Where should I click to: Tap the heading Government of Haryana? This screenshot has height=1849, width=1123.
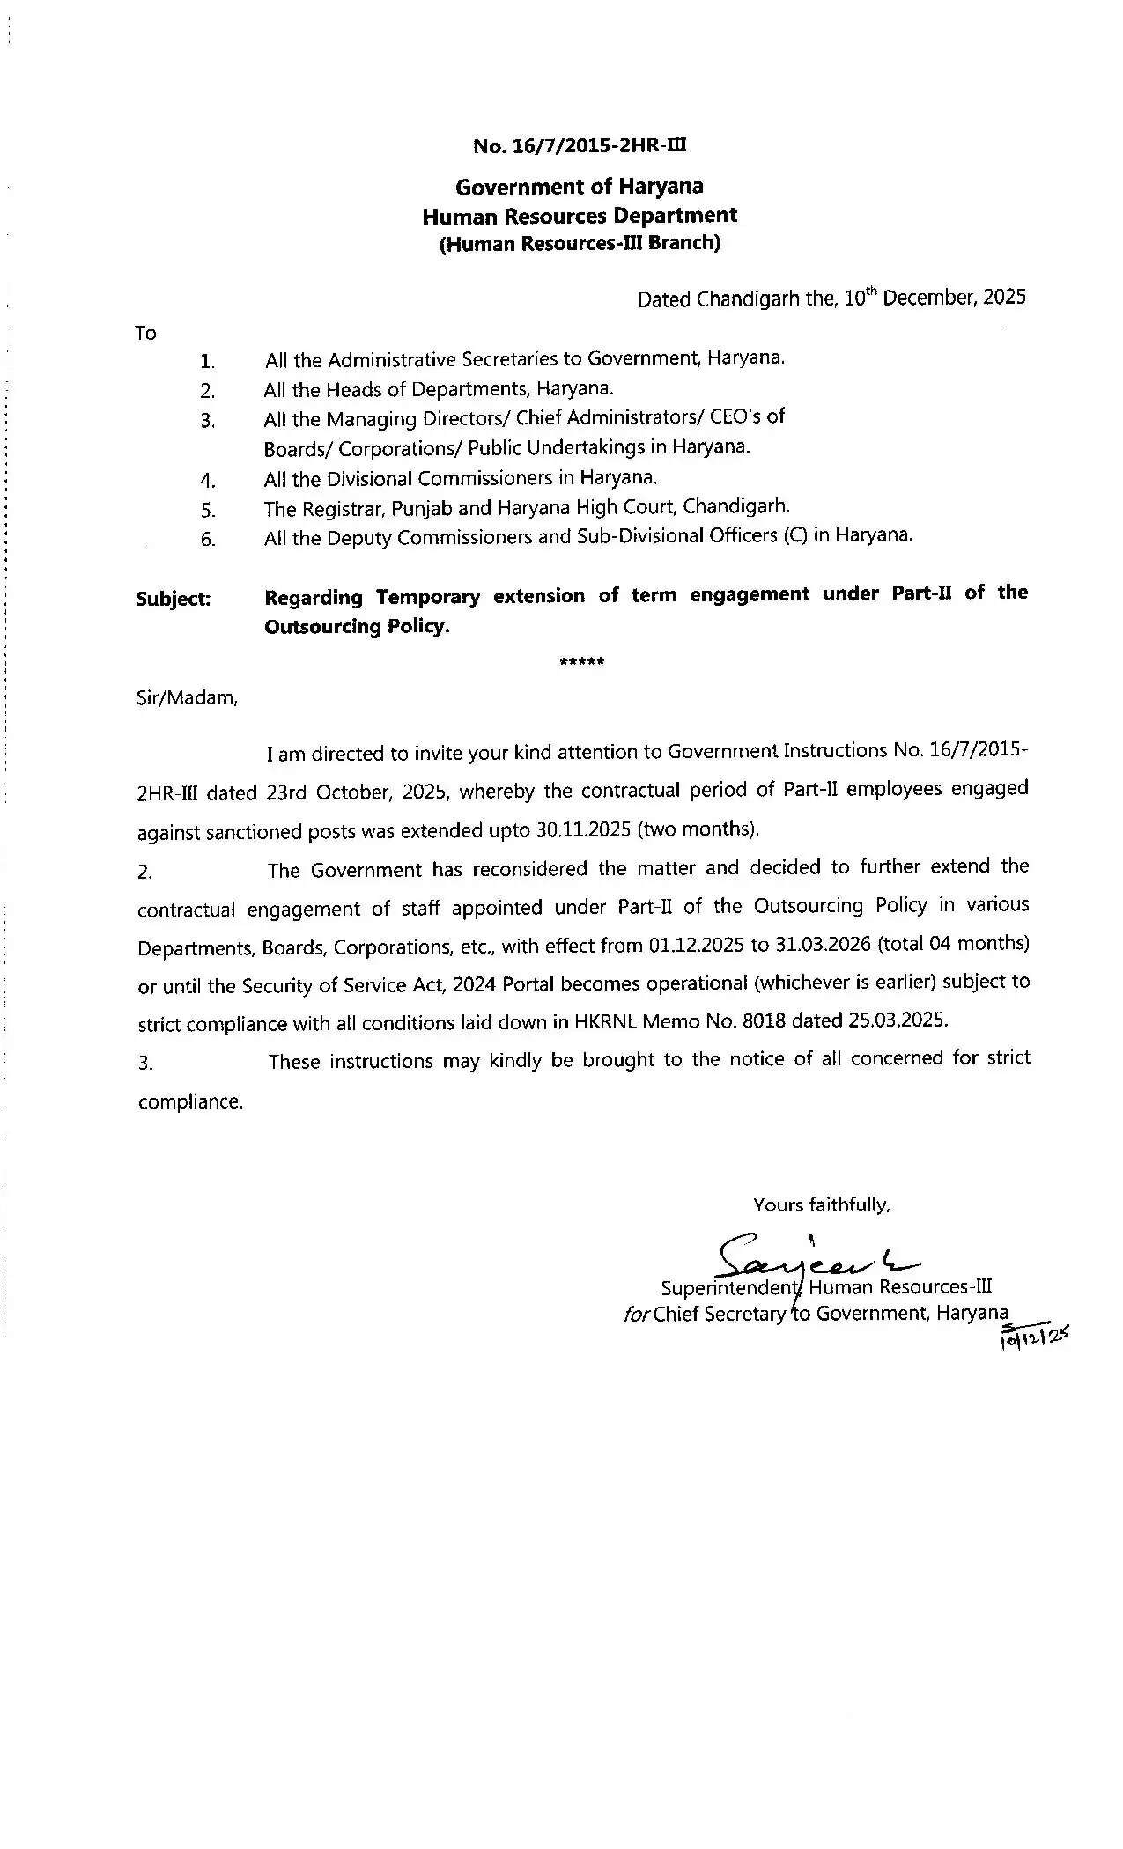pos(579,187)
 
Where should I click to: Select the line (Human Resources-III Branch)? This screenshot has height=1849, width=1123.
pos(580,244)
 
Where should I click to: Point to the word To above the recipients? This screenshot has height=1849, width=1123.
pos(145,333)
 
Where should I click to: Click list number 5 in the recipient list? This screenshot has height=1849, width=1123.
pos(208,510)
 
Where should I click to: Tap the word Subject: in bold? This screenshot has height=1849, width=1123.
pos(174,600)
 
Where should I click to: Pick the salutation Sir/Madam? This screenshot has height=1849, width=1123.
pos(187,698)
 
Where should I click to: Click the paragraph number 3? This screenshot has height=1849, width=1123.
pos(145,1064)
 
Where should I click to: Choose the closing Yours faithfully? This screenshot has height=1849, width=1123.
pos(821,1204)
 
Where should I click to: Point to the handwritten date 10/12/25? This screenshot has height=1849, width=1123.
pos(1032,1339)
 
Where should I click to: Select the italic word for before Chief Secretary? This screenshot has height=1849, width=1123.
pos(636,1315)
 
